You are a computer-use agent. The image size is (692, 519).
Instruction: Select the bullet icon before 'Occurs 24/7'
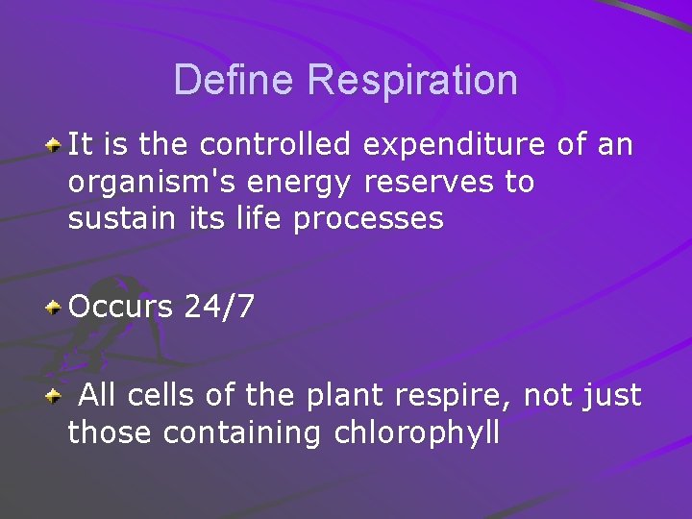pos(56,308)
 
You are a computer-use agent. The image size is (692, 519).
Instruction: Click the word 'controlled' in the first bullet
pos(277,145)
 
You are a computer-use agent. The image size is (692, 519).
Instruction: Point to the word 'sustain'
pos(108,219)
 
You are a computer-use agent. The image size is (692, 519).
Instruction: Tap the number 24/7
pos(219,308)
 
